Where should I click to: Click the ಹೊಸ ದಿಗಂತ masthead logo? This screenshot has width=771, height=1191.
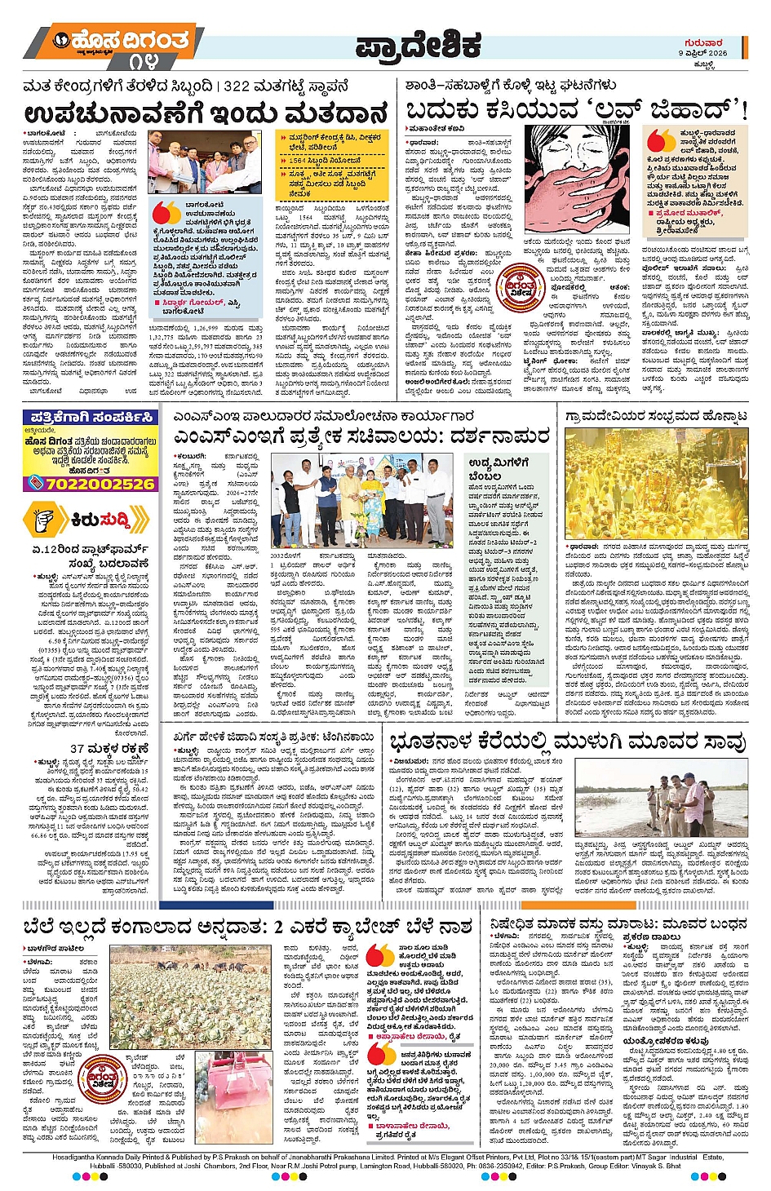pos(122,41)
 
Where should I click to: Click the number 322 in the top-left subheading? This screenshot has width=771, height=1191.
pos(237,86)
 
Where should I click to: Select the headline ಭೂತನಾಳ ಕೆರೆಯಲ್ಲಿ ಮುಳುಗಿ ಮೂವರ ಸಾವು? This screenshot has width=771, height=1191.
pos(568,742)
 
